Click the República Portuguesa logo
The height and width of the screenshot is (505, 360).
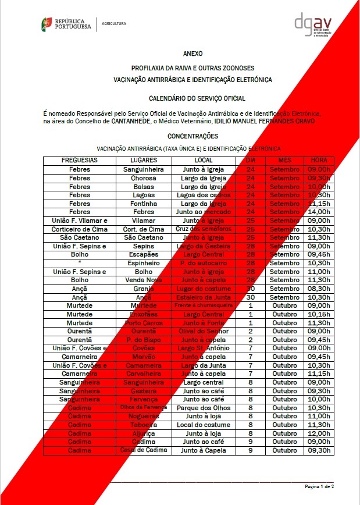66,24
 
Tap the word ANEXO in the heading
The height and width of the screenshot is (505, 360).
193,53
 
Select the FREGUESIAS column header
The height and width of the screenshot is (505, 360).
80,160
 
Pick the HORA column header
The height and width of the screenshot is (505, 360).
319,160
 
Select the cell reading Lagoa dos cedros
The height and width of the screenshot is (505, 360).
202,195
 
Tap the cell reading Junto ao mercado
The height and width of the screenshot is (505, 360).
202,212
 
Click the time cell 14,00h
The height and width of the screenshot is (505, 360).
319,212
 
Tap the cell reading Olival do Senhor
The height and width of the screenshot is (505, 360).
202,332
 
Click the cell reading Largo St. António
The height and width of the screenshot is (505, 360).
202,348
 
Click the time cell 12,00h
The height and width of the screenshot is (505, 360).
319,433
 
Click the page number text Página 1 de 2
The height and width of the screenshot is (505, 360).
319,486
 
